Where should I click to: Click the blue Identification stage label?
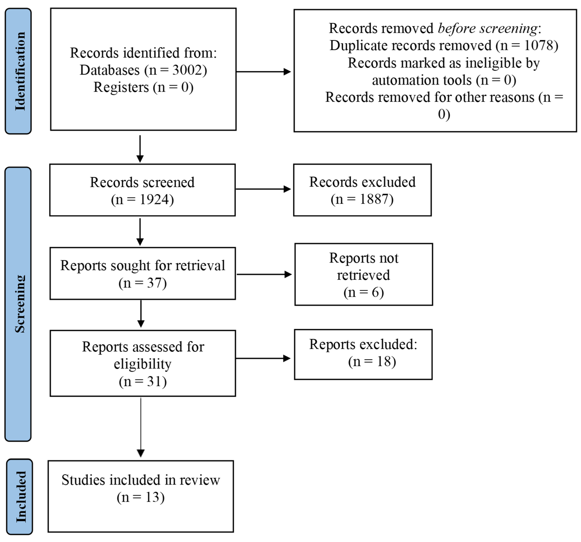18,71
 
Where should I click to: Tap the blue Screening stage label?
18,304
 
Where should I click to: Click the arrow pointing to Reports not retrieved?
264,274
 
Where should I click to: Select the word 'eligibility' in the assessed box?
143,364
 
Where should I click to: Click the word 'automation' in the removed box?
422,80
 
